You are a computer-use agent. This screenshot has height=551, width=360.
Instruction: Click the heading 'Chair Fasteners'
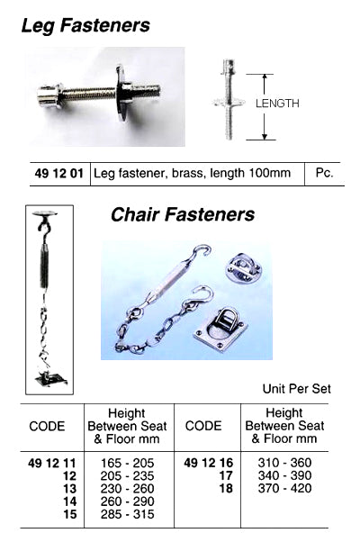tap(183, 215)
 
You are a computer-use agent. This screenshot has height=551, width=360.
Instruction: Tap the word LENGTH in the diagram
tap(277, 104)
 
